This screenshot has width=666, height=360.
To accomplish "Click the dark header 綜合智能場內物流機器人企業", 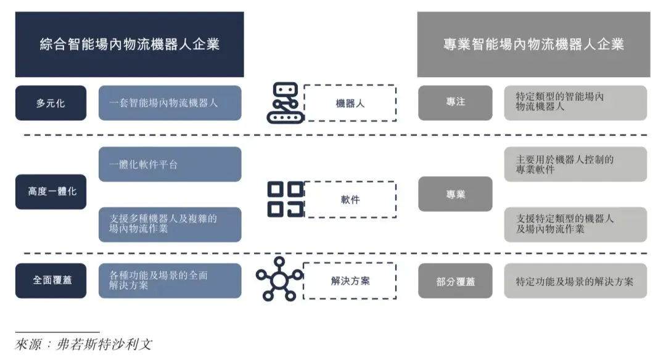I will (129, 44).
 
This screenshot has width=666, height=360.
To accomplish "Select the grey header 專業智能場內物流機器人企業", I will (533, 44).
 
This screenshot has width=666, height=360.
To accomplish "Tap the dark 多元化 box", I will (51, 103).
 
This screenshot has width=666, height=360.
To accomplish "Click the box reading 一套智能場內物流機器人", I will (170, 103).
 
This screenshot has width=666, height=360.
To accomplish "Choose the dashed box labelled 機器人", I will (350, 103).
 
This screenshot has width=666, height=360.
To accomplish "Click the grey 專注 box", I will (455, 103).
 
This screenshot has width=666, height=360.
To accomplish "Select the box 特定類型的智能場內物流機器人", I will (575, 102).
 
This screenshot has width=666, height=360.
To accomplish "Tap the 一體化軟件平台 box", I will (170, 165).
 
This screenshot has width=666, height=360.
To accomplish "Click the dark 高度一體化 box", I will (51, 192).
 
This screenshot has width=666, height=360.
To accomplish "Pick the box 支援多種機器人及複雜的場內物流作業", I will (170, 224).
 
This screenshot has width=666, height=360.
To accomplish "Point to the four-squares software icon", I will (286, 199).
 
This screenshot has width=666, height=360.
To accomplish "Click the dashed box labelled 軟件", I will (350, 199).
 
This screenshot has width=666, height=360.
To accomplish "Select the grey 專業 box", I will (455, 194).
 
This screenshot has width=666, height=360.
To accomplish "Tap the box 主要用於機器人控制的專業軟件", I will (575, 165).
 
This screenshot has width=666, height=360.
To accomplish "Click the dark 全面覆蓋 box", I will (51, 280).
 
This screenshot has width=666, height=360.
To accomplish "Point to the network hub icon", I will (279, 279).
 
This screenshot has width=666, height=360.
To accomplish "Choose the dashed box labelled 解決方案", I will (350, 280).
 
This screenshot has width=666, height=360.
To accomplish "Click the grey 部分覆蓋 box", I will (455, 281).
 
